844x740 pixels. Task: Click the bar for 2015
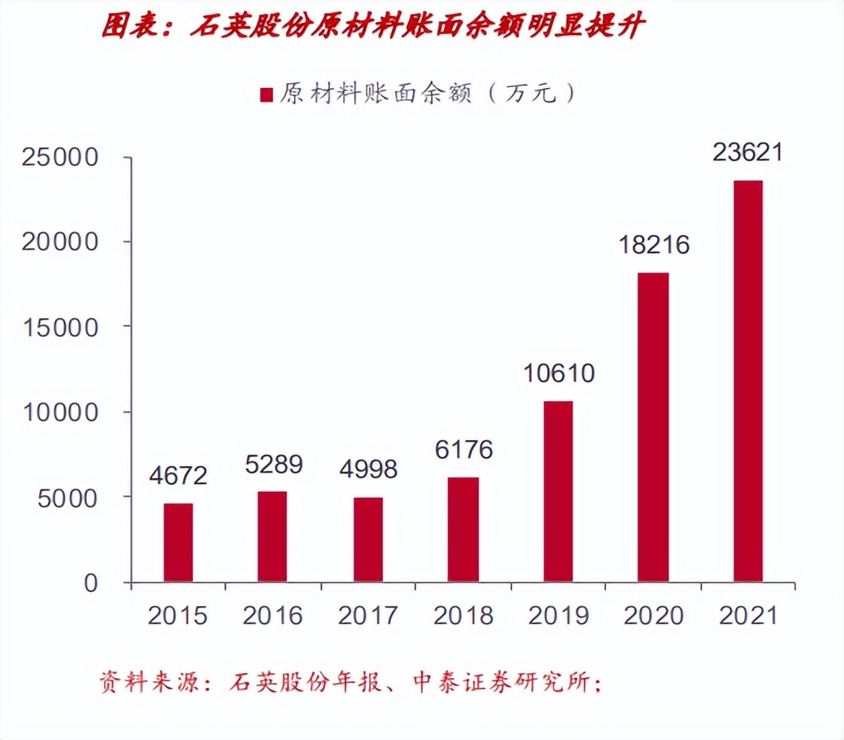coord(178,542)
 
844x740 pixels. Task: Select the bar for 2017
coord(368,539)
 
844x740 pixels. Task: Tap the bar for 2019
coord(558,491)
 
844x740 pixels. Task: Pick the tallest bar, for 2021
coord(747,381)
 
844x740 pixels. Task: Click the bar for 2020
coord(653,427)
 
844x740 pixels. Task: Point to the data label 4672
coord(178,477)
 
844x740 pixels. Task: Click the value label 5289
coord(273,465)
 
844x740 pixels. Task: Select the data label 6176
coord(463,450)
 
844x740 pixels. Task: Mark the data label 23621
coord(747,152)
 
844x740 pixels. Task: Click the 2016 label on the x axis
coord(273,616)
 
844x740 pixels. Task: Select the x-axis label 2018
coord(463,616)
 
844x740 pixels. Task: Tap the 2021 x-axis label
coord(747,616)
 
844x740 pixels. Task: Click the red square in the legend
coord(266,94)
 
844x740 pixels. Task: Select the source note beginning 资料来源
coord(350,681)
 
